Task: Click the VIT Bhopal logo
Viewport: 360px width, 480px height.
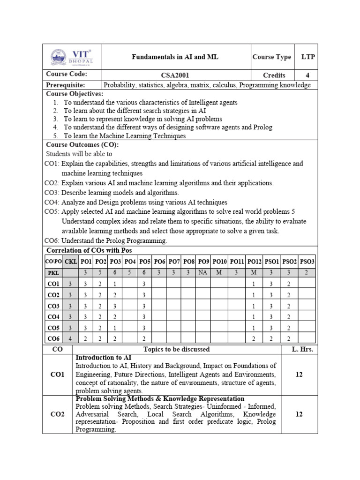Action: (72, 57)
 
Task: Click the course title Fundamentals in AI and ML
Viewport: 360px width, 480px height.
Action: (175, 57)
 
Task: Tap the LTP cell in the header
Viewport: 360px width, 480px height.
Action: (308, 57)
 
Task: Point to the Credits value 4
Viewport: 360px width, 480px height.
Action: (307, 75)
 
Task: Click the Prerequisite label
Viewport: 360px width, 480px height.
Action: (65, 85)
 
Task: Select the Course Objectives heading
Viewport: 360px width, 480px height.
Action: (74, 94)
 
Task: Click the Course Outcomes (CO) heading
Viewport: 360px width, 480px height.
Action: (82, 145)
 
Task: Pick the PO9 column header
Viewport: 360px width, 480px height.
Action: (203, 261)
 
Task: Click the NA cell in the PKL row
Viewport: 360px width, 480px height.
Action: (203, 272)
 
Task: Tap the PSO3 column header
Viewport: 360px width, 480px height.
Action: (307, 261)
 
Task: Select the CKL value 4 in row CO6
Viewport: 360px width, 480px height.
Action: (70, 338)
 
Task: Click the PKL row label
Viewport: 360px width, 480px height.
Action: (53, 272)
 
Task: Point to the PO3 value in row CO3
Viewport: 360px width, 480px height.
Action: (114, 306)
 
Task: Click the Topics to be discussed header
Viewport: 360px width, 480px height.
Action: (176, 349)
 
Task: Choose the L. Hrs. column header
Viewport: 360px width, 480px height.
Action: (299, 349)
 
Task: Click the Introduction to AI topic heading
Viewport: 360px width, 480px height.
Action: (104, 358)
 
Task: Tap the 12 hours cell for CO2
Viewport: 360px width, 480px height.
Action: (299, 414)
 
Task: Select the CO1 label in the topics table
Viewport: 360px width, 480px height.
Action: (57, 375)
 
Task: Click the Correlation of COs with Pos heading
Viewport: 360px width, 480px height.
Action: (89, 251)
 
